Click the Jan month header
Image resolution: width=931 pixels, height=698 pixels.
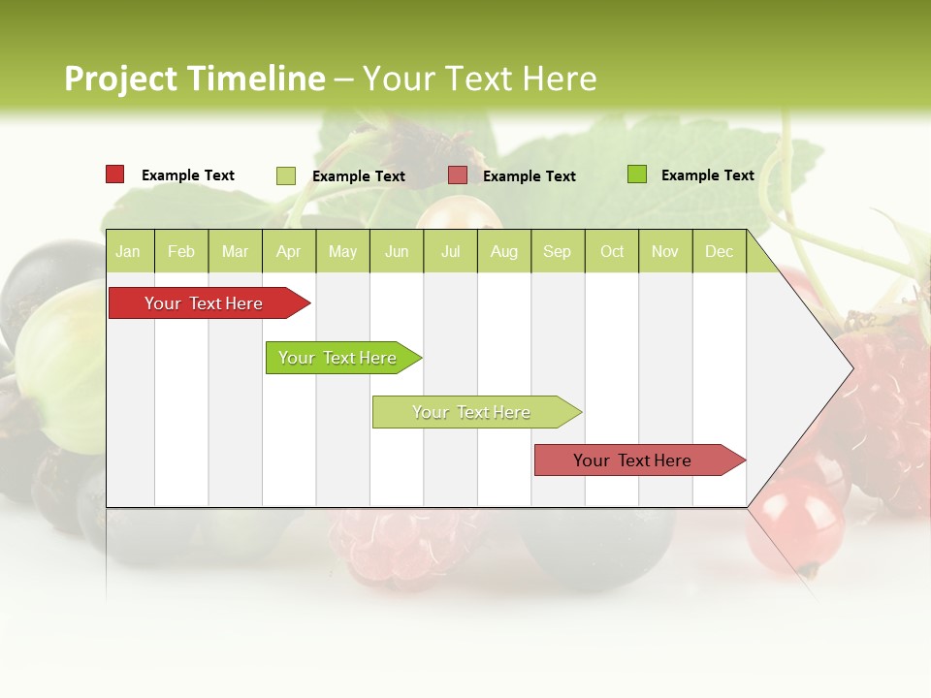pos(128,252)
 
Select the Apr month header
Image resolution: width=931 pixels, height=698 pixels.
pos(288,252)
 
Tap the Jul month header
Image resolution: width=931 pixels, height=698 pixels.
pos(450,252)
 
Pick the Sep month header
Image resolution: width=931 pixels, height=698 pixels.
pos(557,252)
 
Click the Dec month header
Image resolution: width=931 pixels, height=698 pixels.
pos(719,252)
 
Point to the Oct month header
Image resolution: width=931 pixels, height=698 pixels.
pos(612,252)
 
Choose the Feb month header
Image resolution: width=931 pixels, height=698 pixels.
pos(181,252)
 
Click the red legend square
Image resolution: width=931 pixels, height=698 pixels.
pos(115,174)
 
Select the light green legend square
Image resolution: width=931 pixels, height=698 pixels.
pos(286,175)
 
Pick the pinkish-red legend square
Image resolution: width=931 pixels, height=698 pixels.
pos(458,175)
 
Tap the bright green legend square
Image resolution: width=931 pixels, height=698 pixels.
pos(637,174)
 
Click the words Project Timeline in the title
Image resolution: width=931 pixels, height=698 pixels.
pos(195,79)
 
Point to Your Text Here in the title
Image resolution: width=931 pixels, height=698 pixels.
pos(480,79)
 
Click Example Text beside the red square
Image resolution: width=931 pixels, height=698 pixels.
pos(188,175)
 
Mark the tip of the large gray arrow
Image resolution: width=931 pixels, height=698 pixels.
pos(851,368)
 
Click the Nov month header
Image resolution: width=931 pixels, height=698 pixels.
pos(665,252)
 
